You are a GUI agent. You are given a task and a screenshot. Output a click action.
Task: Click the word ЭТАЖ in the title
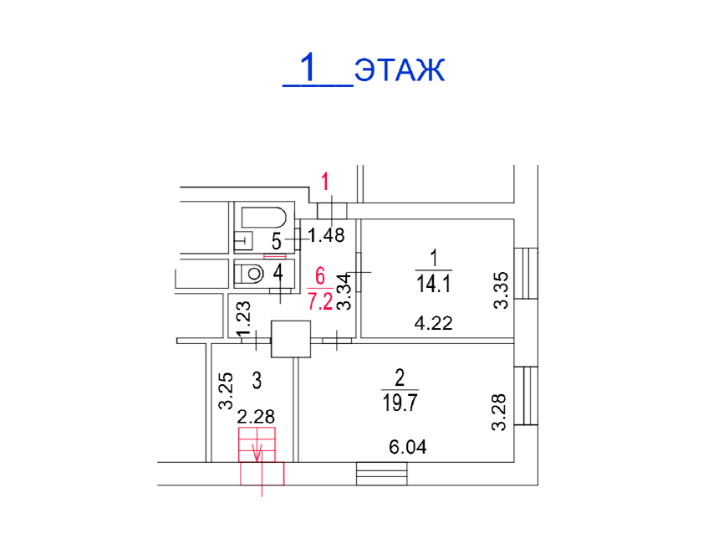pos(400,70)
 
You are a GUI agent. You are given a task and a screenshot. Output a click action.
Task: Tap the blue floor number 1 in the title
pos(308,67)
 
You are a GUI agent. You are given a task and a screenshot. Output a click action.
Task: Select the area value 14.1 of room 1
pos(434,285)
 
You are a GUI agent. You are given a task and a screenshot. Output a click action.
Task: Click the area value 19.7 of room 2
pos(400,403)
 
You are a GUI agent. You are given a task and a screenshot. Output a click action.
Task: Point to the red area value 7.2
pos(320,301)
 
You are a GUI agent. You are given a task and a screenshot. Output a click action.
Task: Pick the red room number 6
pos(320,276)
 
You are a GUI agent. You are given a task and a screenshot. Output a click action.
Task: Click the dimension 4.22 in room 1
pos(433,323)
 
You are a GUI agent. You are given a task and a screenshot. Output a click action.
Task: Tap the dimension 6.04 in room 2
pos(408,446)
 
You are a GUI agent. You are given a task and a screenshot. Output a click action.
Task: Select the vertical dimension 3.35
pos(502,290)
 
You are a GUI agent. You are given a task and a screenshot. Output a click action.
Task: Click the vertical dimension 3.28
pos(499,412)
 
